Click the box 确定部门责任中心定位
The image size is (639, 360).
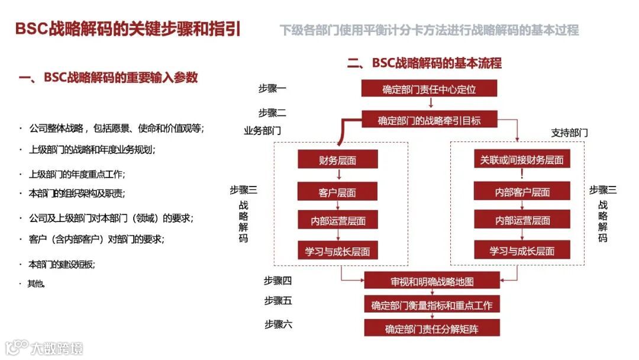tap(429, 89)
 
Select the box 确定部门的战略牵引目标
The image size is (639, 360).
tap(429, 121)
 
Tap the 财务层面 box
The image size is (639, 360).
tap(337, 160)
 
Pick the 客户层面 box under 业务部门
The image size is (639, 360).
tap(337, 192)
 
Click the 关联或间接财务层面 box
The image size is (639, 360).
tap(522, 160)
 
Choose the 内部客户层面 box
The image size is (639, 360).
tap(522, 192)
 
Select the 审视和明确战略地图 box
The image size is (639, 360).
tap(432, 281)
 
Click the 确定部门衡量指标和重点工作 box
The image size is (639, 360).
tap(432, 306)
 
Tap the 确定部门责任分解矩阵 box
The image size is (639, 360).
tap(432, 329)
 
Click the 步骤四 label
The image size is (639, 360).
tap(278, 281)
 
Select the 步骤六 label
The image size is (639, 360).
tap(278, 324)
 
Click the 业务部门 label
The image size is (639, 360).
tap(262, 131)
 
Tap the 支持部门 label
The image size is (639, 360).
tap(569, 133)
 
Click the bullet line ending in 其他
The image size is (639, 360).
tap(35, 284)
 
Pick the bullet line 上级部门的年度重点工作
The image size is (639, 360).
tap(76, 174)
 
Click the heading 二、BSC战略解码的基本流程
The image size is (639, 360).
tap(424, 63)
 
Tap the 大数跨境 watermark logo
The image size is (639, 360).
tap(44, 346)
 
